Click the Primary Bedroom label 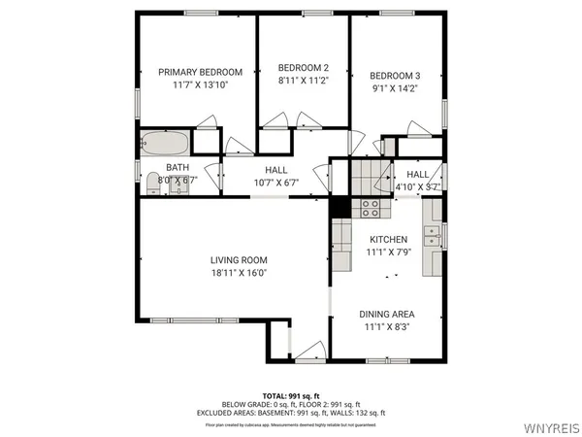click(x=200, y=71)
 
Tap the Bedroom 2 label click(x=304, y=67)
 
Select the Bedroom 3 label click(x=395, y=76)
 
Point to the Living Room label click(x=239, y=259)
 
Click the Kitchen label click(x=388, y=239)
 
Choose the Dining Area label click(x=387, y=314)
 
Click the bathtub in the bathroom click(x=165, y=144)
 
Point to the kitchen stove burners click(x=370, y=207)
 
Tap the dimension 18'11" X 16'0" click(x=239, y=273)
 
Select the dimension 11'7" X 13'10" click(x=200, y=85)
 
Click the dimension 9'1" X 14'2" click(x=395, y=89)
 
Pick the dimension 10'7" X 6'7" click(x=275, y=183)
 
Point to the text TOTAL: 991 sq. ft click(x=291, y=395)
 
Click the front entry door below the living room click(x=309, y=353)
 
